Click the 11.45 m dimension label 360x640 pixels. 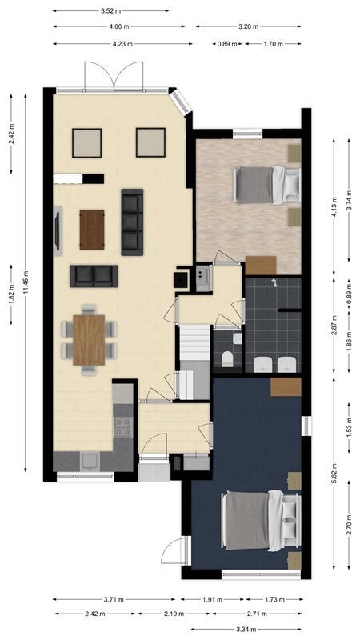26,280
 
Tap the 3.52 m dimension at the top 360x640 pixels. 111,11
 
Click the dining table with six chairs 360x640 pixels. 89,339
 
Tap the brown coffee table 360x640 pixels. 92,230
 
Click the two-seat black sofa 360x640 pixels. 94,275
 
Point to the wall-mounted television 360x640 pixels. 58,230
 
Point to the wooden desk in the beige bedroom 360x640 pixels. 260,265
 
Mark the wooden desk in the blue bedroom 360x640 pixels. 286,386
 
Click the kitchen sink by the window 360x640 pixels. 89,462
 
